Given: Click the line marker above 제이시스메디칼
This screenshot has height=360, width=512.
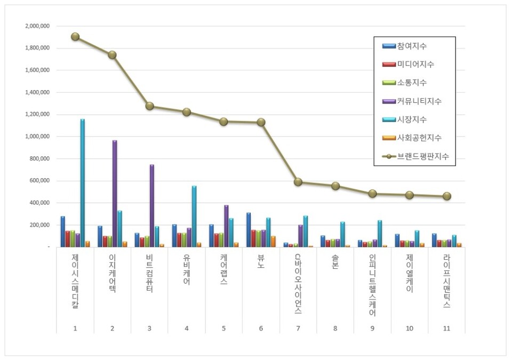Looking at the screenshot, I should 75,37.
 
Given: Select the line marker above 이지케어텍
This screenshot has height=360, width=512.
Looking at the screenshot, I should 112,54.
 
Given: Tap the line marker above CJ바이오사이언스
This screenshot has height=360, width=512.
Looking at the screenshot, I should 298,182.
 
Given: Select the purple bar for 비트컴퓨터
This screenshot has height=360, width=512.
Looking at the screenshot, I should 152,205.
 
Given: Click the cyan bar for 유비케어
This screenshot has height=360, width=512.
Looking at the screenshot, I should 194,216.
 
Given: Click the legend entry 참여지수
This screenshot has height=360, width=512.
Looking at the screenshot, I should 412,46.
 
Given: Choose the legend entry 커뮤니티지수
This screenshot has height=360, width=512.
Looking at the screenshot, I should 419,101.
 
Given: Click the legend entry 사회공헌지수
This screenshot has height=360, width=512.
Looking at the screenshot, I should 419,138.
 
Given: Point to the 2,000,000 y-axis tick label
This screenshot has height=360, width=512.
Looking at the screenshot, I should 37,26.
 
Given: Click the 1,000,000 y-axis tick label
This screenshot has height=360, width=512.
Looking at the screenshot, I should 37,137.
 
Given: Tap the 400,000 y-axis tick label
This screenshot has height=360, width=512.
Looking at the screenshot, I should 39,203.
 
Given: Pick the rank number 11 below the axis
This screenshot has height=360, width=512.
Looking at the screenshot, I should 446,329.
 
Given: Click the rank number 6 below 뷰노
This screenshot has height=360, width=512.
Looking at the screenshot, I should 261,329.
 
